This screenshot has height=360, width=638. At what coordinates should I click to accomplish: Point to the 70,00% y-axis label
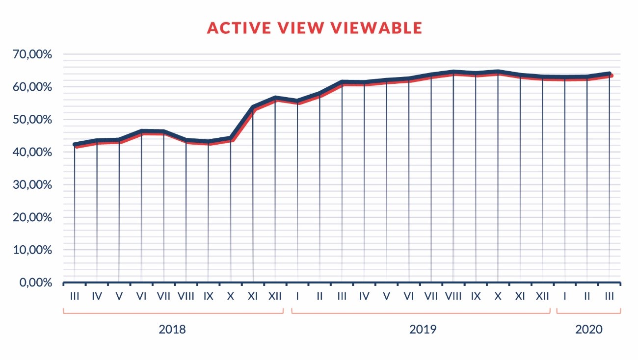point(33,54)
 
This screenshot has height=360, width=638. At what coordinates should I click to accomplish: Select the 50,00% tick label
point(33,120)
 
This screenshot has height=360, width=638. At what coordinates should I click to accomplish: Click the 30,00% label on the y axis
point(33,185)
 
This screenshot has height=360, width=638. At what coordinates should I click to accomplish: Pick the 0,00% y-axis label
point(35,283)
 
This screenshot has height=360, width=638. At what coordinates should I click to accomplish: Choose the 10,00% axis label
point(33,250)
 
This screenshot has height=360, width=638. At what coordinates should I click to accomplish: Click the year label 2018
point(172,329)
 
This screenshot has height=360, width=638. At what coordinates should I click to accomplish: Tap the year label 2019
point(423,329)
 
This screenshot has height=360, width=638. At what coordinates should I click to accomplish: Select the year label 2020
point(588,329)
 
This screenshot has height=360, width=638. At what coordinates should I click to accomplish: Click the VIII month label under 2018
point(186,296)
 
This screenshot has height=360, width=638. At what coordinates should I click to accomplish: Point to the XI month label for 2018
point(253,296)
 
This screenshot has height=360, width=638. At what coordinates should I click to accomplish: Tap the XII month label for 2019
point(542,296)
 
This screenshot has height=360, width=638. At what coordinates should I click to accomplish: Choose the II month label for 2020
point(587,296)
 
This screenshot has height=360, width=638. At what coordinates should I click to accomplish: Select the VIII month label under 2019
point(453,296)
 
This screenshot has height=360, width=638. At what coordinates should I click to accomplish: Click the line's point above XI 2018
point(253,107)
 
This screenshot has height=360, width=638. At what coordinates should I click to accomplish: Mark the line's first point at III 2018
point(75,145)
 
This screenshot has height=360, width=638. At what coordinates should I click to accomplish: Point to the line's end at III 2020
point(610,75)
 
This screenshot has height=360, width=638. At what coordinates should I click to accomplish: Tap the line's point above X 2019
point(498,73)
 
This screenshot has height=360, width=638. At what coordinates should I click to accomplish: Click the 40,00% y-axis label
point(33,153)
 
